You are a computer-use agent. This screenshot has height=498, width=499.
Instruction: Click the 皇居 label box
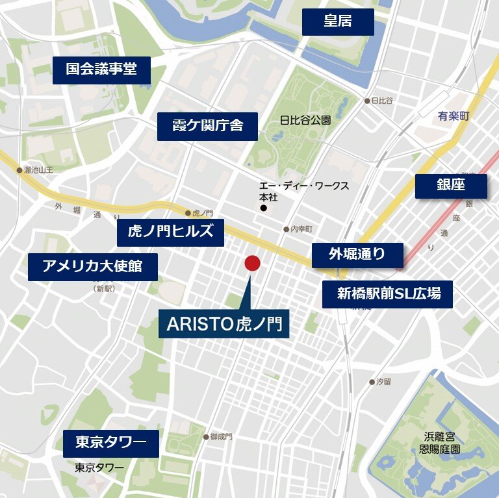pyautogui.click(x=338, y=22)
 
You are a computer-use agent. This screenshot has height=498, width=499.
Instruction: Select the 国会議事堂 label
pyautogui.click(x=101, y=69)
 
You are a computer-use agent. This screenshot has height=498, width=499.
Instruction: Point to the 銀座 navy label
pyautogui.click(x=450, y=185)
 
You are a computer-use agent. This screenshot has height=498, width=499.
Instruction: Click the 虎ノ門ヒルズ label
pyautogui.click(x=170, y=232)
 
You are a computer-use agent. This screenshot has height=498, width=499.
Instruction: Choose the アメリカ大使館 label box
pyautogui.click(x=92, y=266)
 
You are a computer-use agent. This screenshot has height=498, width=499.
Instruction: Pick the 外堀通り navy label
pyautogui.click(x=357, y=255)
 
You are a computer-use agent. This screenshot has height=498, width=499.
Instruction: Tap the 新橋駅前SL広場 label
pyautogui.click(x=388, y=294)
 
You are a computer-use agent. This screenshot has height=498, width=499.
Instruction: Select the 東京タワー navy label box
pyautogui.click(x=110, y=443)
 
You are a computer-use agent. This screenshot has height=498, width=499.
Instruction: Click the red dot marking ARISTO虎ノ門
pyautogui.click(x=252, y=264)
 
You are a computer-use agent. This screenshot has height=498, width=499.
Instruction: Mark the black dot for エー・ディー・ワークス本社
pyautogui.click(x=263, y=208)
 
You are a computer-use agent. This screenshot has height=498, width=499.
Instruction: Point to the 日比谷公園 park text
pyautogui.click(x=305, y=120)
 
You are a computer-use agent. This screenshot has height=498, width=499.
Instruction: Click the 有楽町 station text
pyautogui.click(x=453, y=116)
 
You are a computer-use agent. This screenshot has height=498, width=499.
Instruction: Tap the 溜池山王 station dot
pyautogui.click(x=19, y=170)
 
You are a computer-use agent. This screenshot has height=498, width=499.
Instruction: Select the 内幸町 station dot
pyautogui.click(x=286, y=229)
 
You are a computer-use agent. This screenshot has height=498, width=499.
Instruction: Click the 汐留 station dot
pyautogui.click(x=372, y=382)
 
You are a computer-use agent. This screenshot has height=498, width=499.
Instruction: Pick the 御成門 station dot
pyautogui.click(x=206, y=437)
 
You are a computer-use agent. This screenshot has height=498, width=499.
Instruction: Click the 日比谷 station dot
pyautogui.click(x=367, y=101)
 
